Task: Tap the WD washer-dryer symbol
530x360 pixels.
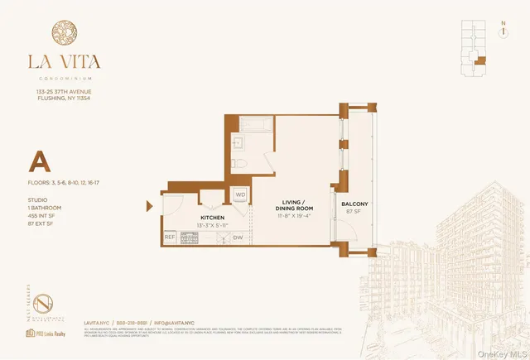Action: pos(240,195)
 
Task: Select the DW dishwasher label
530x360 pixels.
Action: pos(238,238)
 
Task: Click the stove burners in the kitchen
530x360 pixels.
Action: pos(190,238)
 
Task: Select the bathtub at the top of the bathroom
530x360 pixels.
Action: pos(245,123)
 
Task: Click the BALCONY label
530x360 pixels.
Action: pos(354,203)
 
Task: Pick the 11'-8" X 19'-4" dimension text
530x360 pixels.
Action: pos(295,217)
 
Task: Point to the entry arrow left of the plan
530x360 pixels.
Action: pos(150,206)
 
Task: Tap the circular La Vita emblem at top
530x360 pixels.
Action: pos(66,36)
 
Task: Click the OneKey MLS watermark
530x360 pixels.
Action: pos(498,351)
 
